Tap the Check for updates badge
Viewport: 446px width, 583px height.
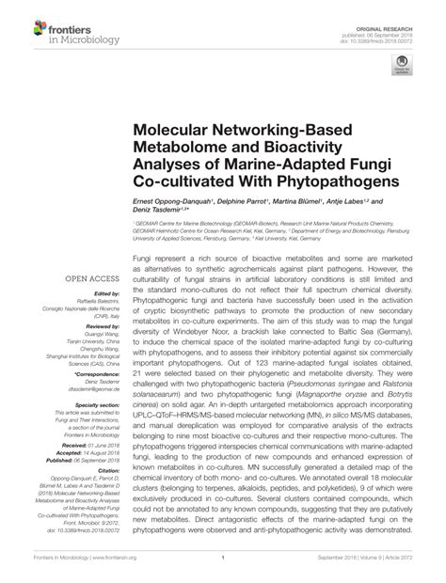(403, 67)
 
